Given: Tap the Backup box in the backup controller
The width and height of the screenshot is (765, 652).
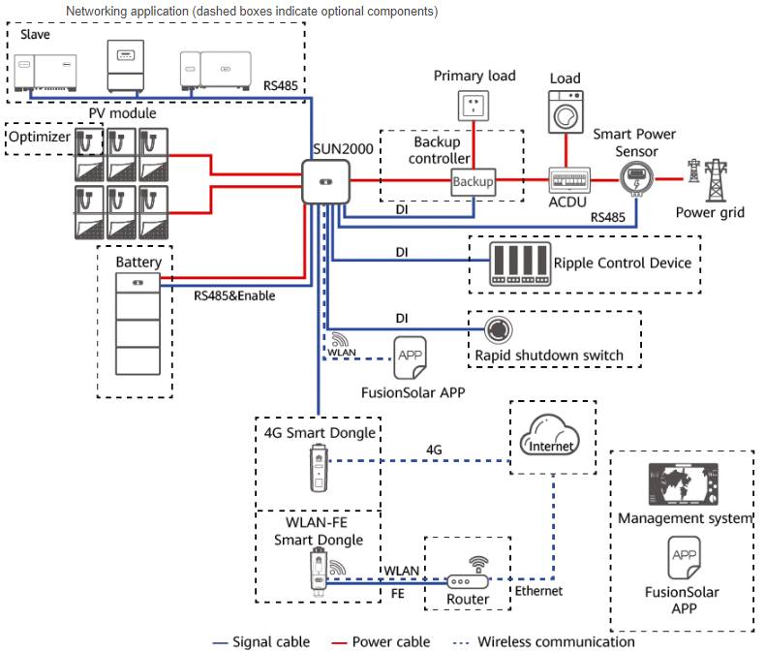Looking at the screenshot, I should [x=474, y=181].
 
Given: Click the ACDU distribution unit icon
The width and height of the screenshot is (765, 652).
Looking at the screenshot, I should [x=569, y=180].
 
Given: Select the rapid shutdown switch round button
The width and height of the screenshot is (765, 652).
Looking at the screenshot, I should [x=498, y=329].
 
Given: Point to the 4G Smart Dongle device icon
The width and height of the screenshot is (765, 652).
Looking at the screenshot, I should [x=316, y=469].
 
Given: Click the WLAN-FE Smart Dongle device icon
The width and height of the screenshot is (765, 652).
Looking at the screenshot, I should [x=316, y=571].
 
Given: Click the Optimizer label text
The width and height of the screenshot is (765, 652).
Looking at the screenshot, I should [x=39, y=138].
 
